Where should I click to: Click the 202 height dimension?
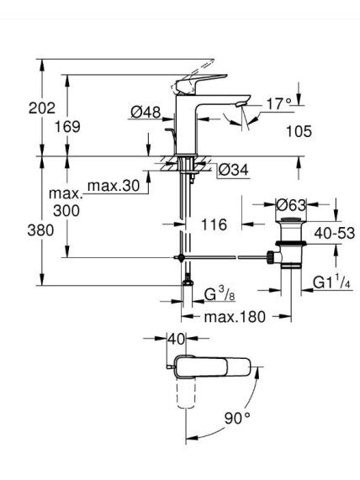[42, 108]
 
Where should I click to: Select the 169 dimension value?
[67, 126]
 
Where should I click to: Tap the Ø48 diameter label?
[146, 112]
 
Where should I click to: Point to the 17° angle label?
[278, 104]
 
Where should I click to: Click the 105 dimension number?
[299, 131]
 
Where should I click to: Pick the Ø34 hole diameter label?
[234, 170]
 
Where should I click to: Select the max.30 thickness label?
[114, 186]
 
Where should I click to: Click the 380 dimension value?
[40, 230]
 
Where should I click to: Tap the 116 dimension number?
[214, 224]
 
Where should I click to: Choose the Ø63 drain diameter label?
[291, 205]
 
